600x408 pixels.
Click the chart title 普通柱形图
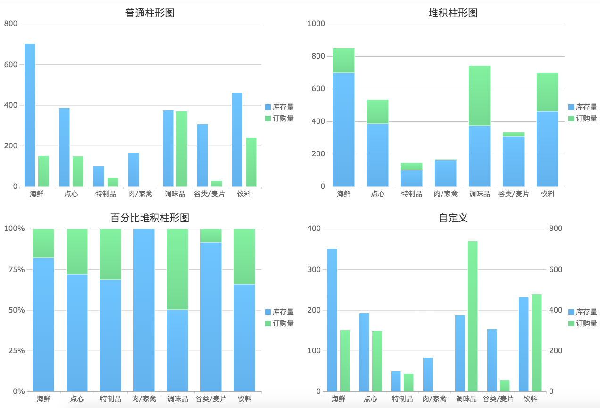coord(150,13)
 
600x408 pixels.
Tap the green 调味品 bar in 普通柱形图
coord(182,149)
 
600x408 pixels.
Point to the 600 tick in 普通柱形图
coord(11,65)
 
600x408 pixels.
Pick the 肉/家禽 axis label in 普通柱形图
coord(140,194)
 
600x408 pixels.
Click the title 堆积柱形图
coord(453,13)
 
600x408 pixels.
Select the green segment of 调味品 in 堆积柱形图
coord(479,95)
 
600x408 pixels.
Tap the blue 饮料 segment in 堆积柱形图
coord(547,149)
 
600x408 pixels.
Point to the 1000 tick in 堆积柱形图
coord(316,24)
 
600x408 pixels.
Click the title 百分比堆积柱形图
coord(150,218)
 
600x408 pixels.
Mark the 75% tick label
coord(15,270)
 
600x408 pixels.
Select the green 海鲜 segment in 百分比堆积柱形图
coord(43,243)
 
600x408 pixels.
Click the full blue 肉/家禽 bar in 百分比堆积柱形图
coord(144,310)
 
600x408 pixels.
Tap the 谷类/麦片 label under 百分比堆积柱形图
coord(211,399)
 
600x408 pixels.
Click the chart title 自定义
coord(453,218)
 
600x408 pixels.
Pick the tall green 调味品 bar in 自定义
coord(473,316)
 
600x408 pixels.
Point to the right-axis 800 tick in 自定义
coord(556,229)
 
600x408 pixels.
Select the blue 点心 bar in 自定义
coord(364,352)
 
